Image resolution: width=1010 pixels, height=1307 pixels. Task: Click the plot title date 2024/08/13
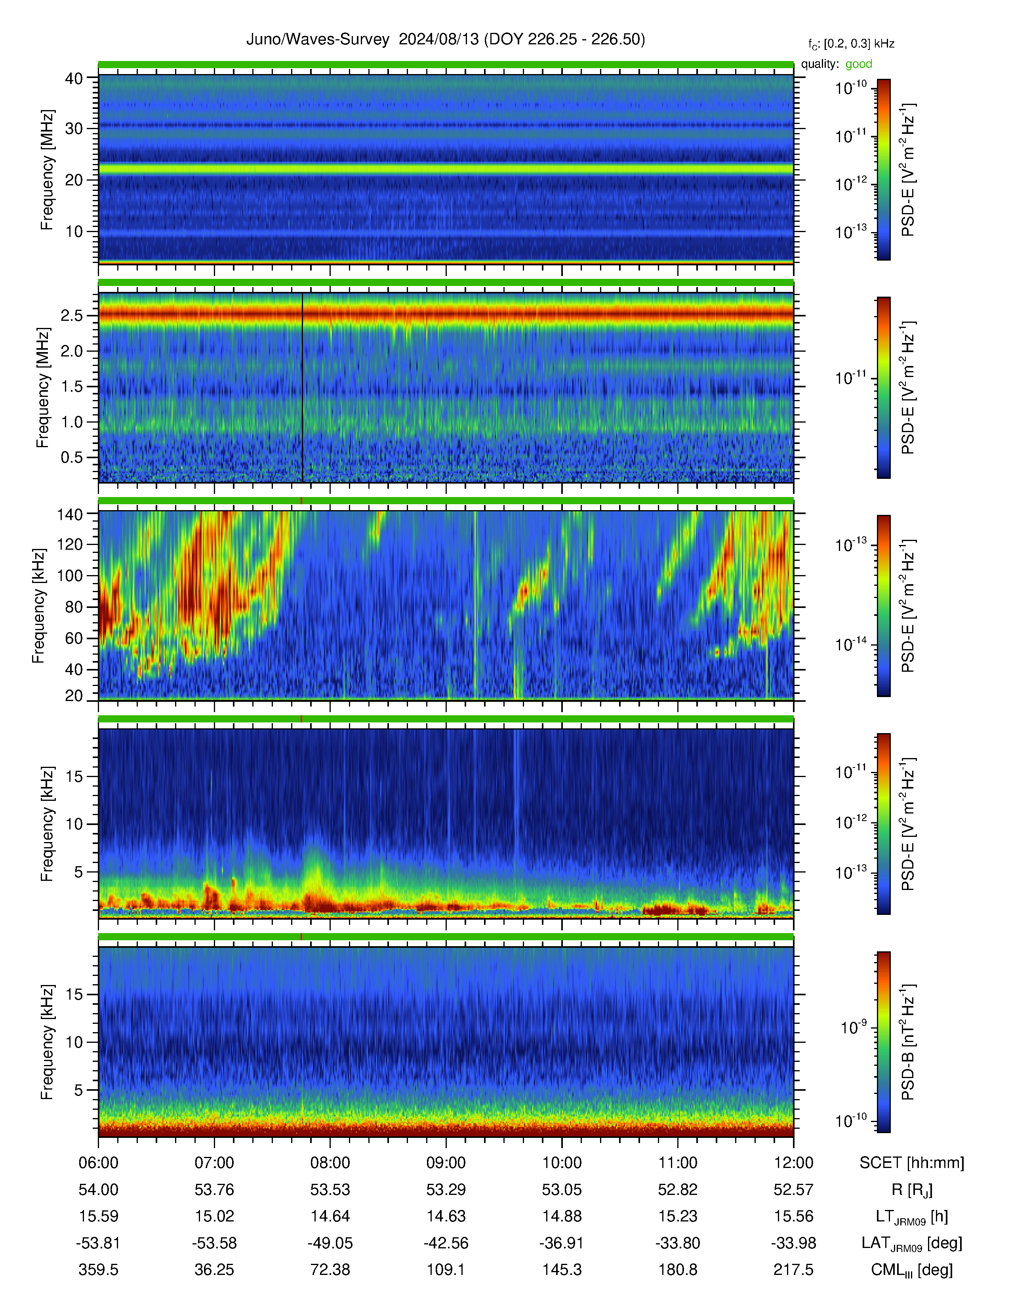pos(438,40)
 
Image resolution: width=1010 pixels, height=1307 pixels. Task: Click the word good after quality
pos(859,64)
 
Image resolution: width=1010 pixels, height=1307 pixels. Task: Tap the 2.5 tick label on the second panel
pos(72,315)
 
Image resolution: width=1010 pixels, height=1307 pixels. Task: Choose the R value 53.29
pos(446,1190)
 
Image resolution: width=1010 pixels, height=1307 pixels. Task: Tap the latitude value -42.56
pos(446,1243)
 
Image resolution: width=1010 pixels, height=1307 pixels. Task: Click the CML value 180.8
pos(678,1269)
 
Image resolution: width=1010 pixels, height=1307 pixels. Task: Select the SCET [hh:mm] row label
pos(912,1163)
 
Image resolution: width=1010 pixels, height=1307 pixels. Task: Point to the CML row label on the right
pos(912,1270)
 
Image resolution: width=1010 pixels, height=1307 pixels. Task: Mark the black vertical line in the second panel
pos(302,387)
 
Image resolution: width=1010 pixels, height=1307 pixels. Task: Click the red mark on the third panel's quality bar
pos(301,500)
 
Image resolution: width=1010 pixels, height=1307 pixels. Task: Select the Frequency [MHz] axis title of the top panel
pos(47,170)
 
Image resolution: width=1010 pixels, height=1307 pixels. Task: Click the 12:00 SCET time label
pos(793,1163)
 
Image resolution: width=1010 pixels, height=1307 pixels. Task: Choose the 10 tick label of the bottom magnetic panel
pos(74,1042)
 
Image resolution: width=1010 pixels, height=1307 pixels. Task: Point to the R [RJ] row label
pos(912,1190)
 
